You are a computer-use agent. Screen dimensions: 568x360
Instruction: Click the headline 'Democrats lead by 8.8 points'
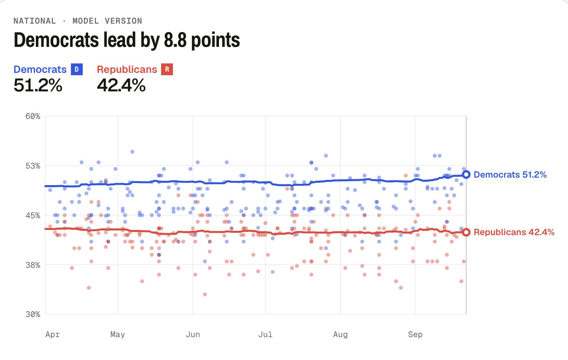tap(127, 40)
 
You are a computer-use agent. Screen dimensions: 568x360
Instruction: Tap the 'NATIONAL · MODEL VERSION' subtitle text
tap(78, 21)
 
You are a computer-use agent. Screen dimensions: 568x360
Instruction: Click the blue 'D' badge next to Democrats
tap(76, 69)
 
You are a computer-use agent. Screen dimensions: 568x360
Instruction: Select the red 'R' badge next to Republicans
tap(167, 69)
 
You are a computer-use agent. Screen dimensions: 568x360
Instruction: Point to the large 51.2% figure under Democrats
tap(38, 85)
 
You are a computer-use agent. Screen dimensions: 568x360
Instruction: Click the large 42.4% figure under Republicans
tap(121, 85)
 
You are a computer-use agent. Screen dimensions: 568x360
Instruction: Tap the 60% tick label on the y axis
tap(33, 116)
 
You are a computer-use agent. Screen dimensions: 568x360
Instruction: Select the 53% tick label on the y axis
tap(33, 166)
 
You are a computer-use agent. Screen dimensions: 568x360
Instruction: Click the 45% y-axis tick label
tap(33, 215)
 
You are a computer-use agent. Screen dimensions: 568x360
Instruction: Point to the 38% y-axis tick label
tap(33, 265)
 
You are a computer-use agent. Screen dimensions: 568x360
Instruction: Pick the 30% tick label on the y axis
tap(33, 314)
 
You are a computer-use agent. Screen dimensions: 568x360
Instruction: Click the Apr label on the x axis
tap(52, 335)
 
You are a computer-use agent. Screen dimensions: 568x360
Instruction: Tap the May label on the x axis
tap(118, 335)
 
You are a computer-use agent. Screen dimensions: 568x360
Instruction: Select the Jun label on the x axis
tap(193, 335)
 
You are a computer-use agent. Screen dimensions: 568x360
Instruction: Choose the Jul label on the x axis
tap(265, 335)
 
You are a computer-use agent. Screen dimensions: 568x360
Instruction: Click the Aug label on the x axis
tap(340, 335)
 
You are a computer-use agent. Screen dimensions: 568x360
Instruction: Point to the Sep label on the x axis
tap(415, 335)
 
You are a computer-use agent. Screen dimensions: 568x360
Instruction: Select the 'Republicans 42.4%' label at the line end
tap(514, 232)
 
